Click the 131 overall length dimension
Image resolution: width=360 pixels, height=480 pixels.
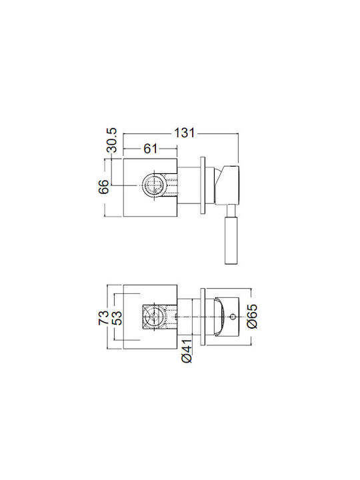coord(184,133)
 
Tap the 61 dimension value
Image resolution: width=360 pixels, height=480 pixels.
coord(150,149)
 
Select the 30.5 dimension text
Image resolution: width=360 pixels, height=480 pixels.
coord(112,140)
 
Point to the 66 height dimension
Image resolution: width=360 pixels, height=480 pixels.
coord(103,186)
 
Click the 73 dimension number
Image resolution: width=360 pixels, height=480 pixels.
coord(103,317)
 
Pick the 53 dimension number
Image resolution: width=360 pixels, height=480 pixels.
coord(117,317)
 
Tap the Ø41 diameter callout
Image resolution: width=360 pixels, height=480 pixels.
coord(187,351)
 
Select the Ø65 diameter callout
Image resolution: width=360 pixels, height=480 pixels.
coord(252,317)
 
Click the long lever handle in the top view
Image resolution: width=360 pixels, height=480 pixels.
coord(230,240)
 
